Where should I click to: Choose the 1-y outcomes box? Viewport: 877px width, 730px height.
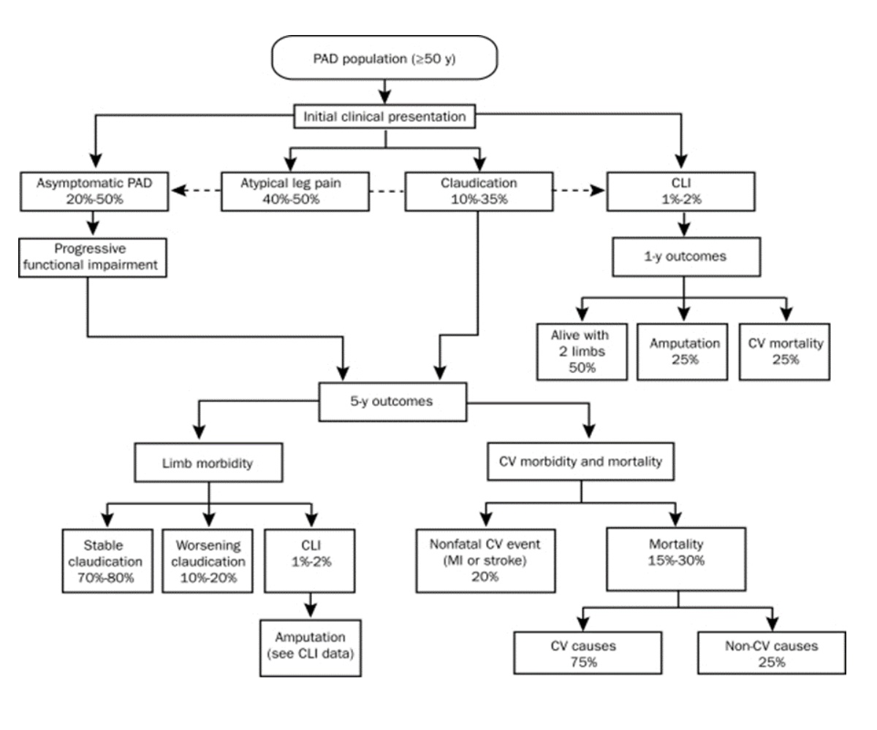pos(683,255)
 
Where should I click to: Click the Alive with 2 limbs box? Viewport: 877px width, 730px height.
pos(582,350)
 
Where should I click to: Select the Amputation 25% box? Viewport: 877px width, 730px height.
pos(682,350)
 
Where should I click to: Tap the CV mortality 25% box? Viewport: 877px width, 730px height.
pos(784,350)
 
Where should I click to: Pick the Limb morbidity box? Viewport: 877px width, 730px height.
pos(209,463)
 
